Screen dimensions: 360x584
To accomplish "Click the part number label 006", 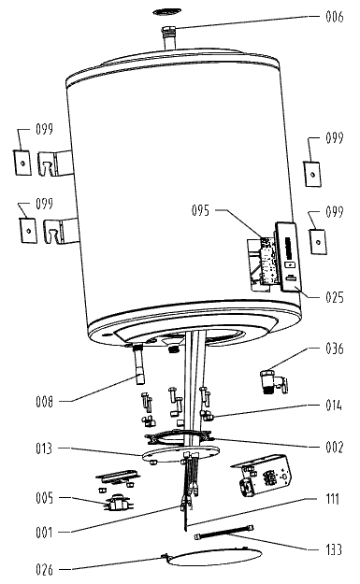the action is tap(335, 17).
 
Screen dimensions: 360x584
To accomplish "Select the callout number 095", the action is tap(200, 210).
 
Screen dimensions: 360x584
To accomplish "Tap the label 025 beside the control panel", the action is tap(335, 297).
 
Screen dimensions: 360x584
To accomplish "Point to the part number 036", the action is tap(335, 349).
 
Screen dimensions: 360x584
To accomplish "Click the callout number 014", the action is tap(334, 405).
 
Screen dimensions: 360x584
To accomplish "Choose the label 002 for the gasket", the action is tap(335, 447).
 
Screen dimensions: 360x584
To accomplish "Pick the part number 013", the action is tap(44, 449).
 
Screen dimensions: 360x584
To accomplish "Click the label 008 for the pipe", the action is tap(45, 402).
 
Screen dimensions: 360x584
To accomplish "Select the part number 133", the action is tap(334, 549).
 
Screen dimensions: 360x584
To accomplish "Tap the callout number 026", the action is tap(45, 569).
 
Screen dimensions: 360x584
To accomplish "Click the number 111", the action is tap(333, 499).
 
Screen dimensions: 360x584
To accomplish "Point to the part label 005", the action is tap(45, 498).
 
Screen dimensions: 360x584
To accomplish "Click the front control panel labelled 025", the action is tap(287, 258).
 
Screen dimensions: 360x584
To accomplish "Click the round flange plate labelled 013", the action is tap(180, 454).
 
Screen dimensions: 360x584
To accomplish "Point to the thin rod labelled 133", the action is tap(224, 532).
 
